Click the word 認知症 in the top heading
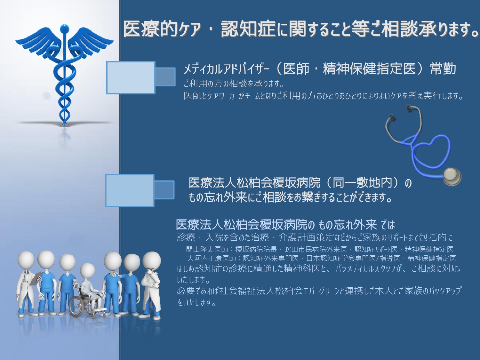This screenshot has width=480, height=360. click(248, 29)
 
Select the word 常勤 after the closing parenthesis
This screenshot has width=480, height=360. click(443, 68)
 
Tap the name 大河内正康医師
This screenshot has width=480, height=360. click(212, 258)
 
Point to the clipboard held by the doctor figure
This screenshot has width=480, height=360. click(36, 279)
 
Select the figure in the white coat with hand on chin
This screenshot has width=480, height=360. click(151, 284)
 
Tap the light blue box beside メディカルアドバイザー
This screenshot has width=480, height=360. click(131, 77)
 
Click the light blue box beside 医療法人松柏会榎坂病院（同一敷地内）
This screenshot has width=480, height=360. click(130, 191)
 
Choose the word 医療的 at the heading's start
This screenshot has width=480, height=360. click(150, 29)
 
